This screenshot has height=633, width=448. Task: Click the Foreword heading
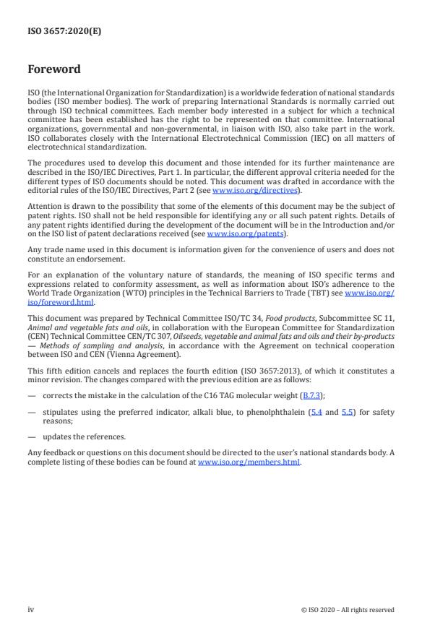click(54, 70)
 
